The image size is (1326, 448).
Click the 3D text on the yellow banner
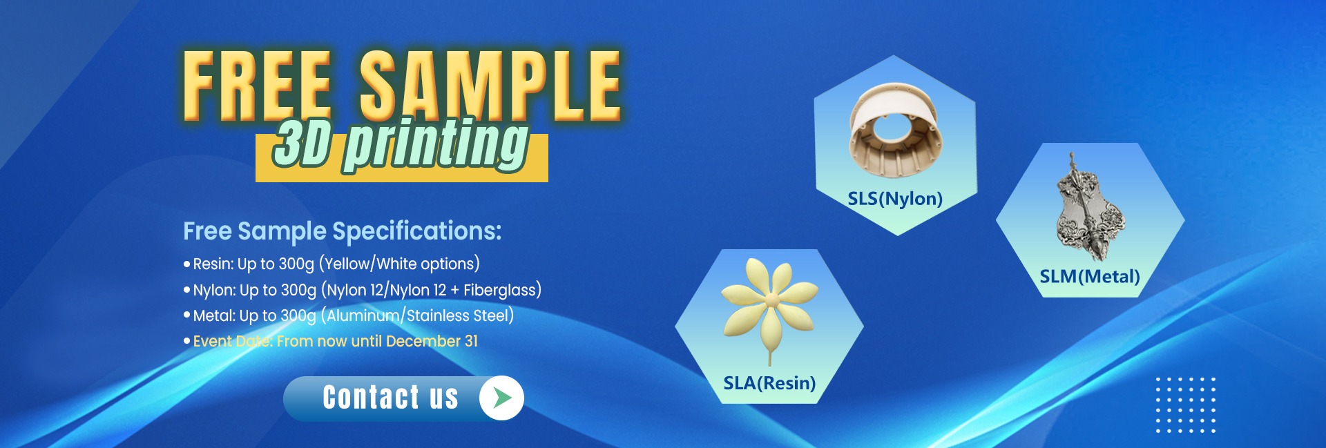(x=301, y=144)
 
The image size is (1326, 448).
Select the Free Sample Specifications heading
(x=342, y=231)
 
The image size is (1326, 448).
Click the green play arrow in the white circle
(x=502, y=398)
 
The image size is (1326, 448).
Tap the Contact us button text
(x=390, y=398)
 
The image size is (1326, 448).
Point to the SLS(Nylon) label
(x=895, y=199)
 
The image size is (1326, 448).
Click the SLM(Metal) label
(x=1090, y=277)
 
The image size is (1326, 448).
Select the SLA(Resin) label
(x=769, y=383)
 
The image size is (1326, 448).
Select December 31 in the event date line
(x=432, y=341)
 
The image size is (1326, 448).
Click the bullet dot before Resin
(x=186, y=264)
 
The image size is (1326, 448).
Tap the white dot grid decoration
(x=1186, y=405)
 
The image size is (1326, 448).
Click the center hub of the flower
(x=771, y=300)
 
